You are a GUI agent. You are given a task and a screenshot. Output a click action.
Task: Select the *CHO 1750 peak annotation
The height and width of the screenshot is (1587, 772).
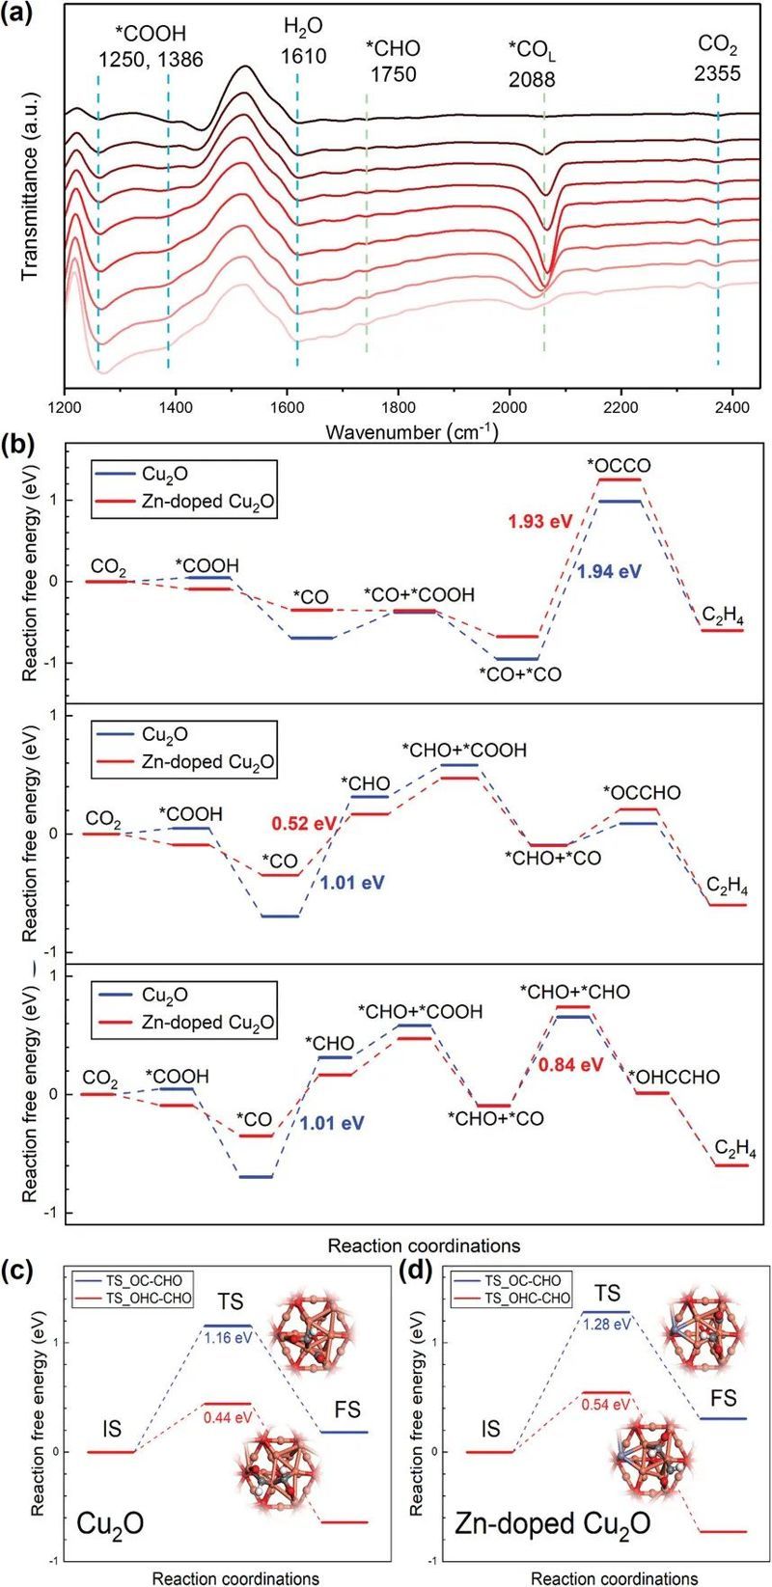[x=393, y=61]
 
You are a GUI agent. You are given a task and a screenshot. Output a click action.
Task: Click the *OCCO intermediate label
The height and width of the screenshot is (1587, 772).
[x=619, y=466]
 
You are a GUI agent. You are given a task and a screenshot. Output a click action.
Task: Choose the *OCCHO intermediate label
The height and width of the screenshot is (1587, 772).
[x=642, y=793]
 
